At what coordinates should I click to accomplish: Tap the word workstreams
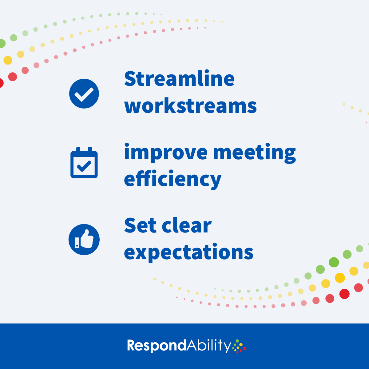point(190,106)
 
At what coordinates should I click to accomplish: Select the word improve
point(166,153)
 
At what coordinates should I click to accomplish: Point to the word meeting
point(254,153)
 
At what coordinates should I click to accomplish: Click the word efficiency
point(173,179)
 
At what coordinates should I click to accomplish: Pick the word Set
point(140,226)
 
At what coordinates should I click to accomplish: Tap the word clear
point(187,226)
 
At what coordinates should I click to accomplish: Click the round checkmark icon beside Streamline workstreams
point(84,93)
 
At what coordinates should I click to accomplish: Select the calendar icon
point(84,163)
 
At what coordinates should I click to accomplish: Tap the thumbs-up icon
point(84,240)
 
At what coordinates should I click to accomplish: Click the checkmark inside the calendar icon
point(84,166)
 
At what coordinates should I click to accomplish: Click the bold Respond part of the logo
point(157,346)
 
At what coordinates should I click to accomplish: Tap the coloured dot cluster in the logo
point(240,346)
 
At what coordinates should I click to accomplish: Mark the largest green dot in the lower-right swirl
point(334,262)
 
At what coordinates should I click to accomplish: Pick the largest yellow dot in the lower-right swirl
point(340,278)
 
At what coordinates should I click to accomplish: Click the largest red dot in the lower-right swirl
point(344,294)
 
